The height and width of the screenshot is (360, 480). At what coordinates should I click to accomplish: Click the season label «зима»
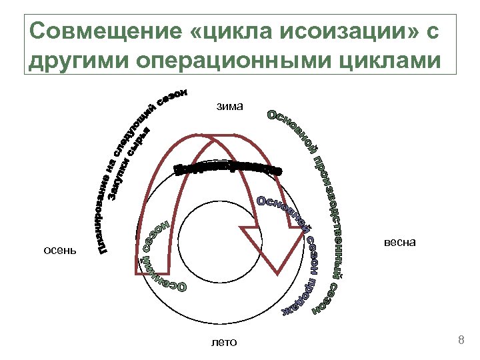230,106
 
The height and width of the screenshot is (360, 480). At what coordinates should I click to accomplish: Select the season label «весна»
400,242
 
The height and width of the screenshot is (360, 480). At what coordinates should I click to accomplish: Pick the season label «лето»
223,343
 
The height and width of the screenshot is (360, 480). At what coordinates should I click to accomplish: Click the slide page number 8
461,341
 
